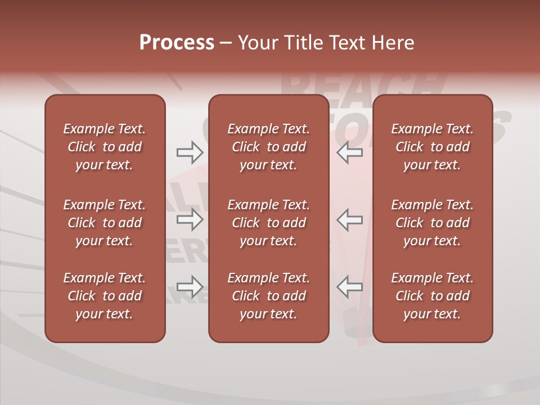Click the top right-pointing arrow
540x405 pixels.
pyautogui.click(x=190, y=152)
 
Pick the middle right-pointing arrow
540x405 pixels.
pyautogui.click(x=190, y=219)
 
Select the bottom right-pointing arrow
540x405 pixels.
pyautogui.click(x=190, y=286)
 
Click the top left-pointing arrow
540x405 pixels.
pyautogui.click(x=349, y=152)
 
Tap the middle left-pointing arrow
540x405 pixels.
pyautogui.click(x=349, y=219)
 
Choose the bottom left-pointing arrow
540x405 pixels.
pyautogui.click(x=349, y=286)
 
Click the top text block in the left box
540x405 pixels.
pyautogui.click(x=105, y=147)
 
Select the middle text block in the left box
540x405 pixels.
pyautogui.click(x=105, y=223)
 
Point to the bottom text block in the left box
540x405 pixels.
pyautogui.click(x=105, y=296)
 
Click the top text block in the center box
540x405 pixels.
pyautogui.click(x=268, y=147)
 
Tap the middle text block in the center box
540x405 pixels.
pyautogui.click(x=268, y=223)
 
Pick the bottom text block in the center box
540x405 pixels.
pyautogui.click(x=268, y=296)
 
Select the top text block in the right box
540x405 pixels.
pyautogui.click(x=432, y=147)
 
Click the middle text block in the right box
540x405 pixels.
pyautogui.click(x=432, y=223)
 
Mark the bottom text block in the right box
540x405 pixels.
pyautogui.click(x=432, y=296)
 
